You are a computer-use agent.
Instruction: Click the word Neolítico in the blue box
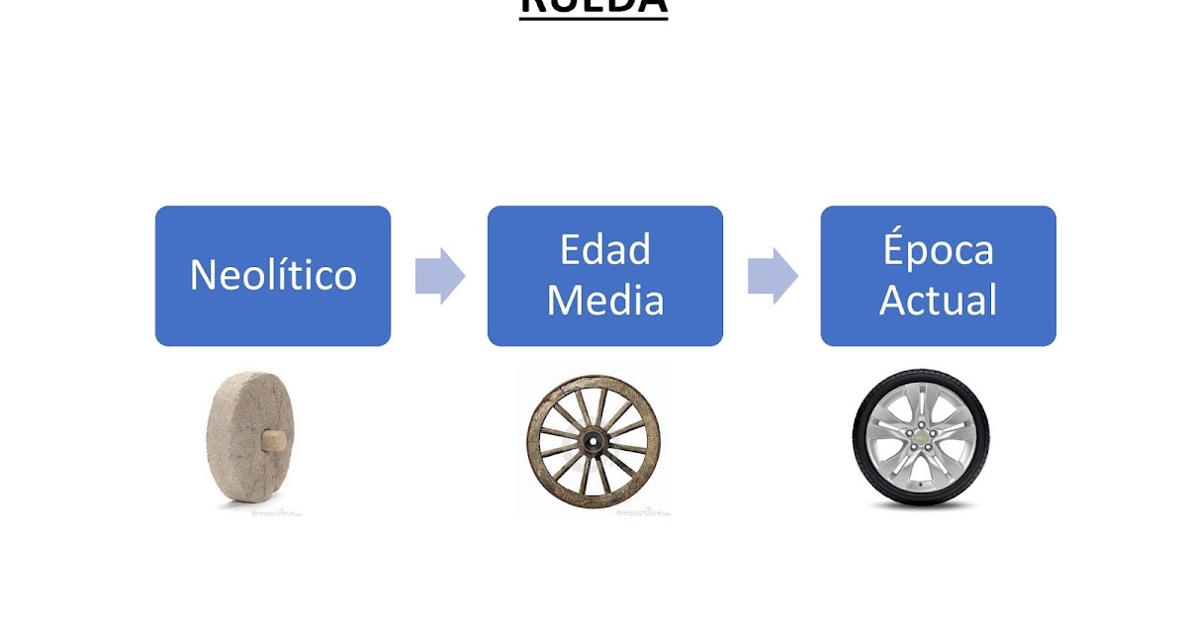click(x=273, y=275)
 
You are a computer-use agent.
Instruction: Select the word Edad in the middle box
click(x=605, y=250)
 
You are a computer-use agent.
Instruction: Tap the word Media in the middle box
click(x=605, y=301)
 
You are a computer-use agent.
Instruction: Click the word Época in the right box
click(x=938, y=250)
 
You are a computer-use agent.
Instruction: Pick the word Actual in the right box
click(x=938, y=301)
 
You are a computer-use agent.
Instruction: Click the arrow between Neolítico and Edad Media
click(x=439, y=276)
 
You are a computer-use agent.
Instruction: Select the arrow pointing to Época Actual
click(x=773, y=276)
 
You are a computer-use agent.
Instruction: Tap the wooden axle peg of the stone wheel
click(x=274, y=436)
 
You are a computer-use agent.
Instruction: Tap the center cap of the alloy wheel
click(x=922, y=438)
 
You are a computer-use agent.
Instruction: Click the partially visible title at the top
click(x=593, y=8)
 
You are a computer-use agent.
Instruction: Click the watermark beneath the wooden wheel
click(x=643, y=513)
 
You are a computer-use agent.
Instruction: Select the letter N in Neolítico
click(x=204, y=275)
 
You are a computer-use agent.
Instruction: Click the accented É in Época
click(x=895, y=249)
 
